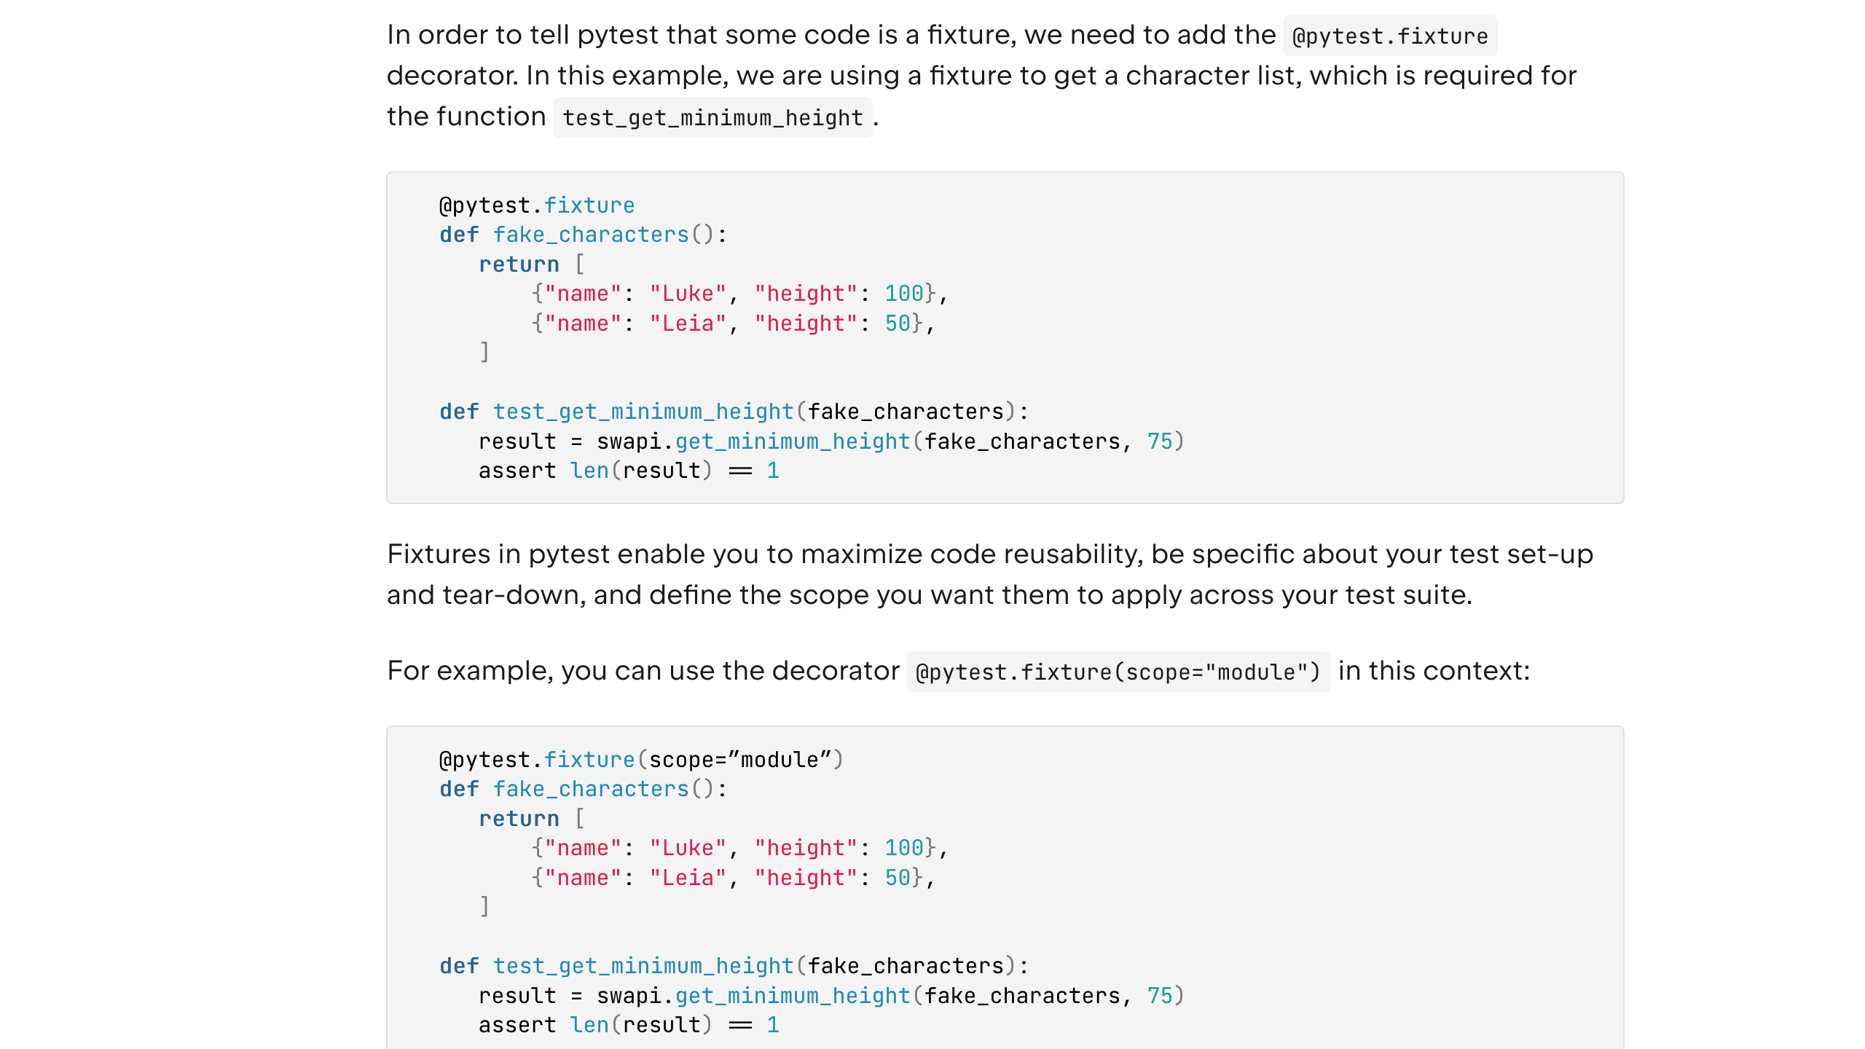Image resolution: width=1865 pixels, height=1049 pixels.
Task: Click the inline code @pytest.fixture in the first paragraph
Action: [x=1389, y=36]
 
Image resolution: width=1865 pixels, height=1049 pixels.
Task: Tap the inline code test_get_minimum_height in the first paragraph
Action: [x=712, y=117]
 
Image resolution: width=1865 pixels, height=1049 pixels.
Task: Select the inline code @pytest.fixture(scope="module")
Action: [x=1118, y=672]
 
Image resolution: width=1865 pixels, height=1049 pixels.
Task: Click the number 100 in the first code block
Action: [x=903, y=294]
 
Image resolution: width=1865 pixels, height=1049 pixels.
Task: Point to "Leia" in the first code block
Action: [x=688, y=323]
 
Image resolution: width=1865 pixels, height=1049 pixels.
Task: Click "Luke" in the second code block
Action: [x=688, y=848]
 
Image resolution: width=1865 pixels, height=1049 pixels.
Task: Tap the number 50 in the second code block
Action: [x=898, y=878]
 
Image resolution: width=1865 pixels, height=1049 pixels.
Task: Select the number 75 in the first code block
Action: [x=1160, y=441]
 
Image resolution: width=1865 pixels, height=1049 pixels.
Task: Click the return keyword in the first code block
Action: [x=519, y=264]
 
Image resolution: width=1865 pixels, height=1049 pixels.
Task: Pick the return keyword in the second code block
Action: [x=519, y=819]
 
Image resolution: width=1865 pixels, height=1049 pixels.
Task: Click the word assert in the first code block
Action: [x=517, y=471]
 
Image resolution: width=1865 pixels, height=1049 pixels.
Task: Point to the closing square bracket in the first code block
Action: [x=484, y=353]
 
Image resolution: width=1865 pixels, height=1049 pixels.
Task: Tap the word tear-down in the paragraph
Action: [x=514, y=595]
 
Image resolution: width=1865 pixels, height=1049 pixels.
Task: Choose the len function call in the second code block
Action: [x=589, y=1025]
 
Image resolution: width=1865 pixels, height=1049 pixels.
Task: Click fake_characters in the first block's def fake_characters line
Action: [x=591, y=235]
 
